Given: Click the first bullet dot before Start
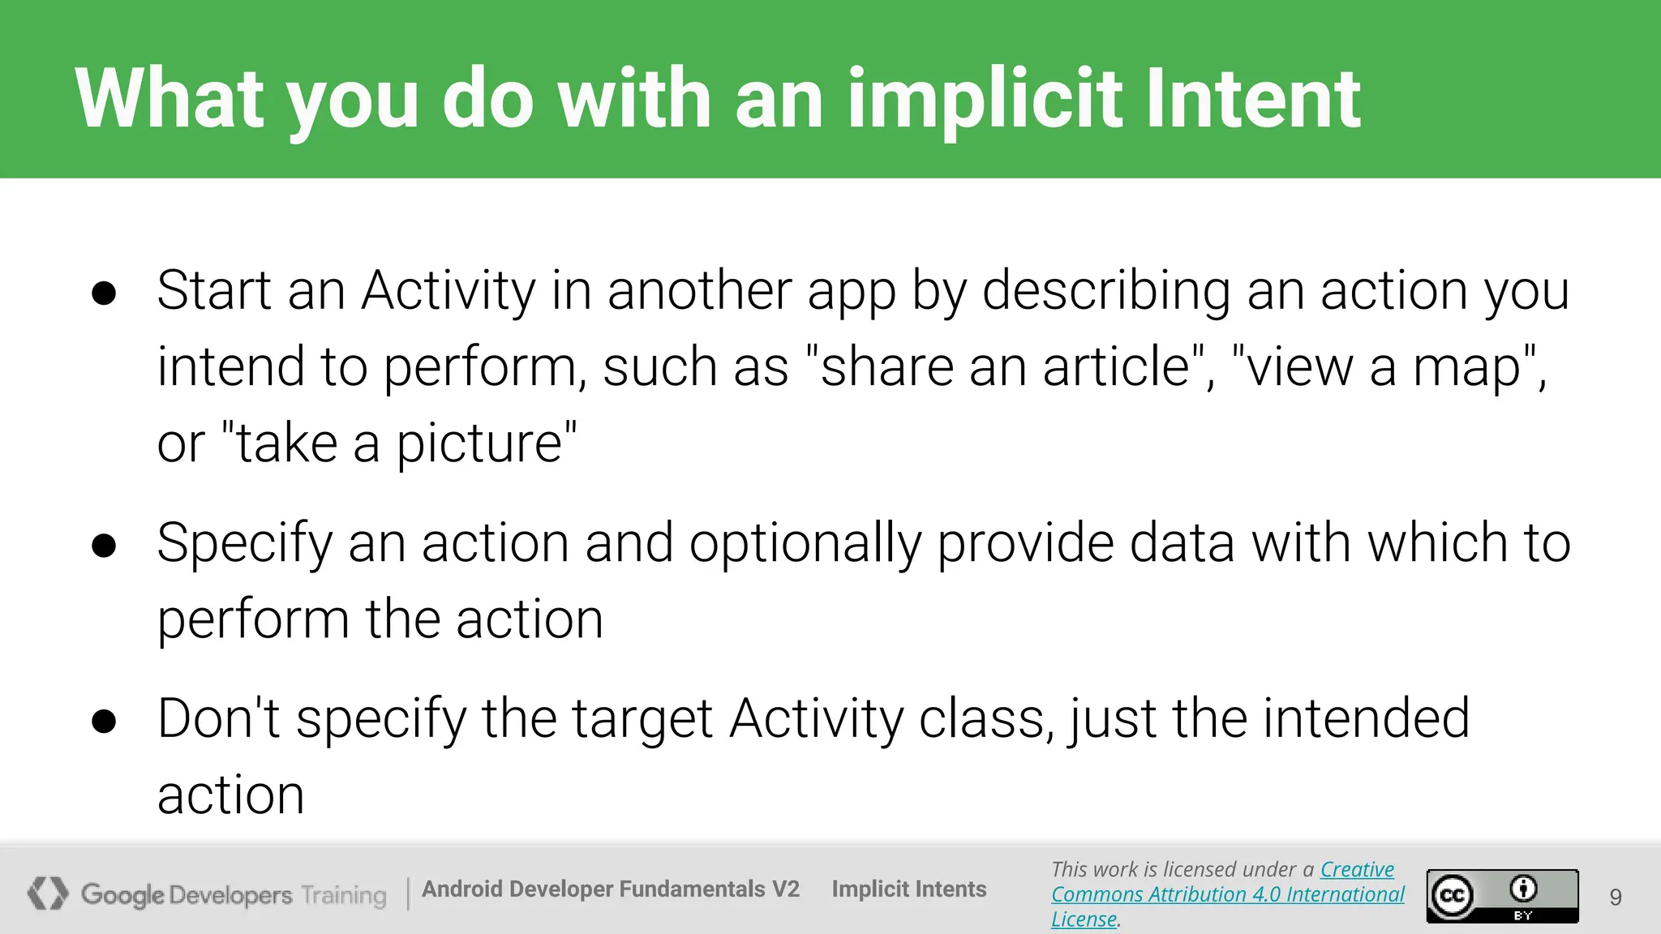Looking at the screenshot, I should (x=104, y=293).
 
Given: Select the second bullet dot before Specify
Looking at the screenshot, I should (x=104, y=546).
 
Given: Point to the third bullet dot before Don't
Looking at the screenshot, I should (x=104, y=722).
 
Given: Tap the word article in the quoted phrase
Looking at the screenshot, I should (x=1116, y=366).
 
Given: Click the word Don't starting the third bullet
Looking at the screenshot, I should (x=218, y=719).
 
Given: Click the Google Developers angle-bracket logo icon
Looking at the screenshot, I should (x=48, y=893).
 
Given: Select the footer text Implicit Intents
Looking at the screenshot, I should (x=908, y=889).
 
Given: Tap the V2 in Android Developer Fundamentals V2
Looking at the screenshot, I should (x=785, y=889).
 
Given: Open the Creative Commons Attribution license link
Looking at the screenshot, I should (x=1227, y=894).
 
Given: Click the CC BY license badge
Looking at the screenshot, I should (x=1502, y=896).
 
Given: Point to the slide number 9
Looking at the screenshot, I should (x=1616, y=897).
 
